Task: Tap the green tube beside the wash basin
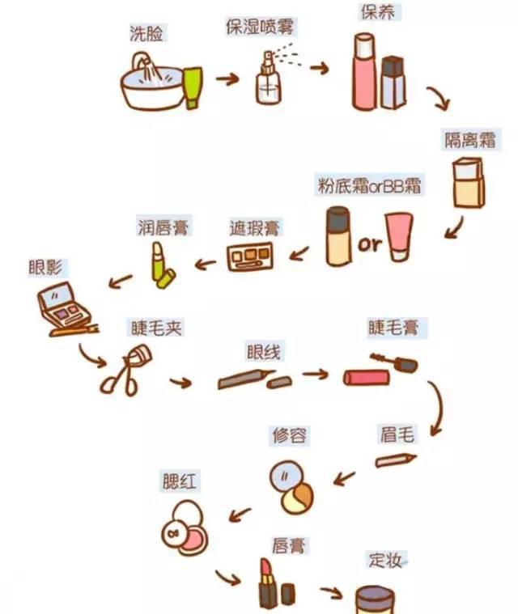(193, 87)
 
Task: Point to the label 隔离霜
(473, 138)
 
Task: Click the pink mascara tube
(368, 376)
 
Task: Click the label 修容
(289, 435)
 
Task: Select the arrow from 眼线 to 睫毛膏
(315, 375)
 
